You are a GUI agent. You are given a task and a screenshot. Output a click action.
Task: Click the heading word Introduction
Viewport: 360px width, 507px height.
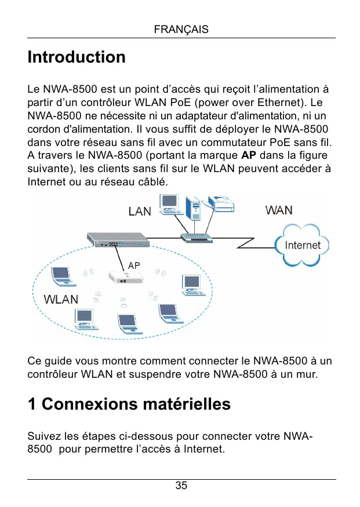point(77,57)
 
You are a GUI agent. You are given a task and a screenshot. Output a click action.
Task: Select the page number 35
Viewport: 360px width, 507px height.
point(181,486)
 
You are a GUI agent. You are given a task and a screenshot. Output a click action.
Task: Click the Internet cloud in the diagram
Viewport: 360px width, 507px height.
point(301,245)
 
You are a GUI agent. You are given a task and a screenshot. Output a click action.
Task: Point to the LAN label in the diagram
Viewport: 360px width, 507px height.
point(140,211)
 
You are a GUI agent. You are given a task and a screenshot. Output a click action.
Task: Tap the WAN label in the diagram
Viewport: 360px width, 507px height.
point(279,210)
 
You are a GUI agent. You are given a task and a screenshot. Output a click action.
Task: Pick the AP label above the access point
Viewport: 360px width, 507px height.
point(134,265)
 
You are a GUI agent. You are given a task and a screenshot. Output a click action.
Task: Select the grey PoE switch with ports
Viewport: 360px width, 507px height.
point(116,239)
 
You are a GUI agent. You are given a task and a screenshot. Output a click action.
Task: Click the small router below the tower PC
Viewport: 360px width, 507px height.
point(197,237)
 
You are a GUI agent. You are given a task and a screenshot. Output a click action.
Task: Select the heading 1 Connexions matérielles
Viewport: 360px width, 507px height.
point(129,404)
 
